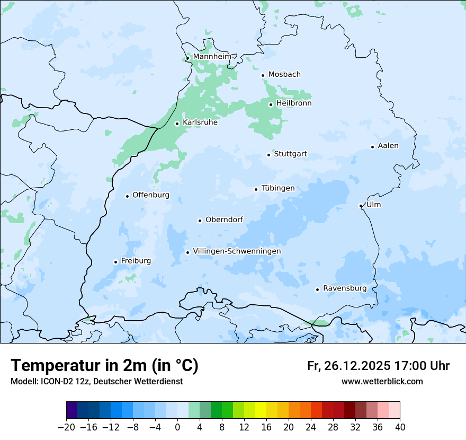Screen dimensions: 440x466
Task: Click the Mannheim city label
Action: [x=212, y=56]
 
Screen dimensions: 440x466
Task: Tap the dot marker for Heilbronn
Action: [x=271, y=104]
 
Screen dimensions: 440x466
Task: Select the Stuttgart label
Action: [x=290, y=154]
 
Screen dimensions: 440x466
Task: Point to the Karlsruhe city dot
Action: [x=177, y=124]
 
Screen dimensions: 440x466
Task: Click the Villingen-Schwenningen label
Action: [x=237, y=251]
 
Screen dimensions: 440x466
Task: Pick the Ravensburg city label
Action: [x=344, y=288]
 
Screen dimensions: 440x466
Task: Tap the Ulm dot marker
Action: [x=361, y=206]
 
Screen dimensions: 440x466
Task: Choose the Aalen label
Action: [x=388, y=145]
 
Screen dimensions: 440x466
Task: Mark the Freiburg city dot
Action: [x=115, y=262]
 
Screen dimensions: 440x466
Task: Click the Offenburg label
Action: [x=151, y=195]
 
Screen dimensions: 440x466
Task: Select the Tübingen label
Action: [x=277, y=188]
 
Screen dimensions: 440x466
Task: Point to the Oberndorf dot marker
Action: [x=200, y=221]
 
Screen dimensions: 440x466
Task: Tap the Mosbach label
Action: [x=284, y=74]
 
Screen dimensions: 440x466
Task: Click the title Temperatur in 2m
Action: [x=104, y=365]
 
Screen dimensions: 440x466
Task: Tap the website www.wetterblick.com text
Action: [x=382, y=381]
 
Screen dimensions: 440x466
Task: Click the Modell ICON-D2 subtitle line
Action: [x=96, y=381]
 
